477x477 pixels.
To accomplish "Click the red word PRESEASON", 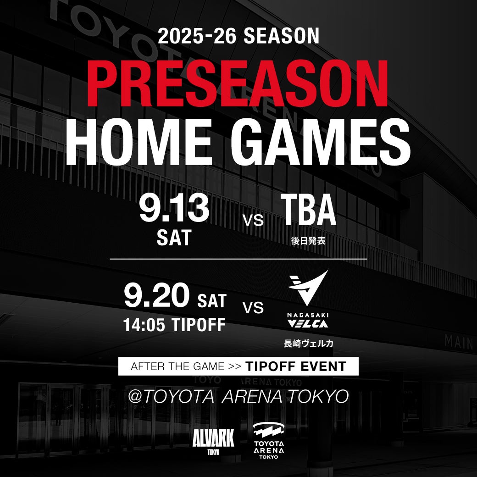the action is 238,84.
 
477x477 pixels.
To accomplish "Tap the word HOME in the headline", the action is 139,142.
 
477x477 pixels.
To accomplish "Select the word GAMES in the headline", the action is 321,142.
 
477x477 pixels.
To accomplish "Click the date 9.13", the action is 174,209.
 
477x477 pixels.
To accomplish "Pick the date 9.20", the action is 156,295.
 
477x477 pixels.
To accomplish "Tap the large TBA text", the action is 308,210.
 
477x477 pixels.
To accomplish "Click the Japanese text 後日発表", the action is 308,241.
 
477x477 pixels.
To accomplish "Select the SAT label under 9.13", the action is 174,238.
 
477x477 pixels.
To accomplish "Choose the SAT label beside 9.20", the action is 212,301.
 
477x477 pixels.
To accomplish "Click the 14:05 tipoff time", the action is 174,325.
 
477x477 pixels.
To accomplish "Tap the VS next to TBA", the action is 253,220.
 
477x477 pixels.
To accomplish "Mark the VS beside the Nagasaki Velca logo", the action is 253,308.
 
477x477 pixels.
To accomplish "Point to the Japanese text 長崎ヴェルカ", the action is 308,344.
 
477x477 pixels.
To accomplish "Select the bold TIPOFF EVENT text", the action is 296,366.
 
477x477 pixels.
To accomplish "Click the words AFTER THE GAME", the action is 177,366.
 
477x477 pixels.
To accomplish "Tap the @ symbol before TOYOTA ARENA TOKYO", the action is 135,396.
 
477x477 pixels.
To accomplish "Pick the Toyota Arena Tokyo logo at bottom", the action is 269,440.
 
